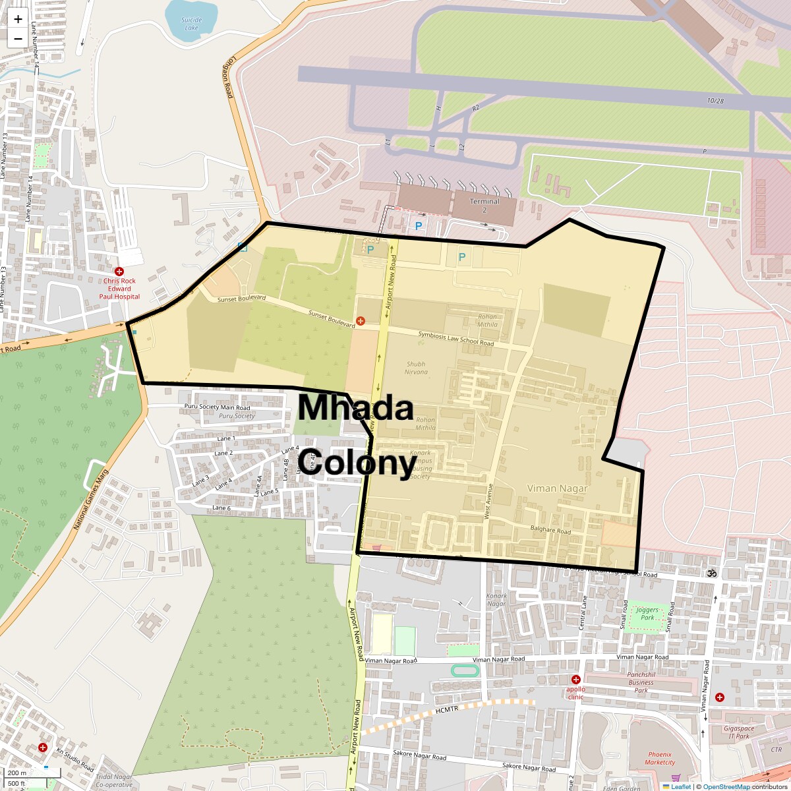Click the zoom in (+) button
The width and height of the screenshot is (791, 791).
pyautogui.click(x=18, y=20)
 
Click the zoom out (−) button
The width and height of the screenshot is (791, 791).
pyautogui.click(x=18, y=39)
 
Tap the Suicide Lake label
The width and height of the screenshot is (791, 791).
pyautogui.click(x=191, y=24)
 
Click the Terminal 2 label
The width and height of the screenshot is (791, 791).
pyautogui.click(x=484, y=205)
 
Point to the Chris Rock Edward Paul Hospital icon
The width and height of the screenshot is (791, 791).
pyautogui.click(x=119, y=272)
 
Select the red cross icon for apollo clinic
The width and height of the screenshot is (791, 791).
pyautogui.click(x=575, y=680)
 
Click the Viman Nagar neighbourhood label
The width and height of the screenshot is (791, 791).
pyautogui.click(x=557, y=488)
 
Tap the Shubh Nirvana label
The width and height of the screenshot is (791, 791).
pyautogui.click(x=416, y=368)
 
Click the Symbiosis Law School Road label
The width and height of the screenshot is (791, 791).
pyautogui.click(x=455, y=339)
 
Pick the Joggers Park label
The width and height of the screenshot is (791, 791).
pyautogui.click(x=647, y=614)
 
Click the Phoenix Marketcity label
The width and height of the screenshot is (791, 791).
pyautogui.click(x=660, y=758)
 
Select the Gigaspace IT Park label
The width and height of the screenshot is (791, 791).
pyautogui.click(x=738, y=732)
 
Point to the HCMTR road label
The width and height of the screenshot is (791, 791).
pyautogui.click(x=446, y=709)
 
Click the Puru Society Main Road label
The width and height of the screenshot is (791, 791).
pyautogui.click(x=217, y=407)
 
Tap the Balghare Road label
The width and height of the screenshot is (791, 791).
pyautogui.click(x=550, y=530)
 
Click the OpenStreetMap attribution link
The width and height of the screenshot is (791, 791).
pyautogui.click(x=726, y=786)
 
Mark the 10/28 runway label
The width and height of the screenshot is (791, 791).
pyautogui.click(x=715, y=101)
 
